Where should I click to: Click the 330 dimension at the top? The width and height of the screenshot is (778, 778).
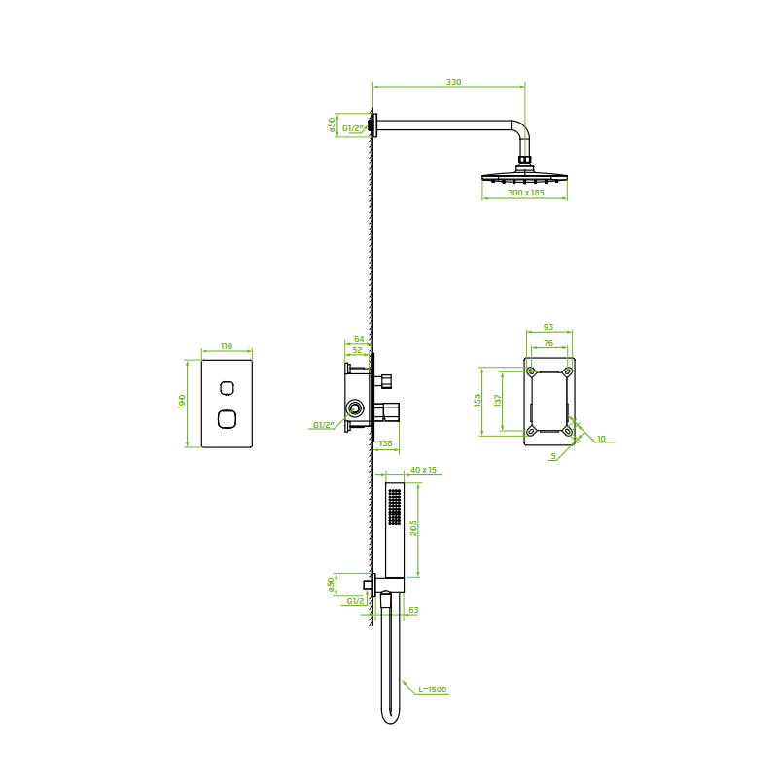453,82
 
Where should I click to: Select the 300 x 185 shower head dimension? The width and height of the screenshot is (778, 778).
526,193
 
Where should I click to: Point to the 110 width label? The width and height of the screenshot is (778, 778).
227,346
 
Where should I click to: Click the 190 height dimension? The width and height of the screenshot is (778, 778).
182,402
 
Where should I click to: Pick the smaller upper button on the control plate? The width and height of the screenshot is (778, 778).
228,388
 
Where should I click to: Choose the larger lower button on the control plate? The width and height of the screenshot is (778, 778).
227,419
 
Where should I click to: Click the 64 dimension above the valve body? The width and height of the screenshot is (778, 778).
359,339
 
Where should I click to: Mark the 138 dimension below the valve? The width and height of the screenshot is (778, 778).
385,443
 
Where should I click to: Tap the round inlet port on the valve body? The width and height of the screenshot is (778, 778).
355,409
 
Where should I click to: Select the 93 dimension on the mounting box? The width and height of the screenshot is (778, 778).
548,327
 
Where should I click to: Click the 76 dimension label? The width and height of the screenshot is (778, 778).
548,343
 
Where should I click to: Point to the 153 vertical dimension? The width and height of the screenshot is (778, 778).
477,400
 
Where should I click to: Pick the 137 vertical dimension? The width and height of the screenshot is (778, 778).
498,400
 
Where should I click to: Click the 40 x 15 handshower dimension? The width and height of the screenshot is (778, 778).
423,470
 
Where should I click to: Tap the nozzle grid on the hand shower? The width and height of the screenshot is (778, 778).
395,507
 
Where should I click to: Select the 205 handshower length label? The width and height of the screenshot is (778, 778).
413,528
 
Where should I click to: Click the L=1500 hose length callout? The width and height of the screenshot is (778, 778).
432,690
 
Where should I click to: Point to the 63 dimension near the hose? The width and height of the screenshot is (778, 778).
413,610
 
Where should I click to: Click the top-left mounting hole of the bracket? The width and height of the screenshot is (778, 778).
531,371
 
